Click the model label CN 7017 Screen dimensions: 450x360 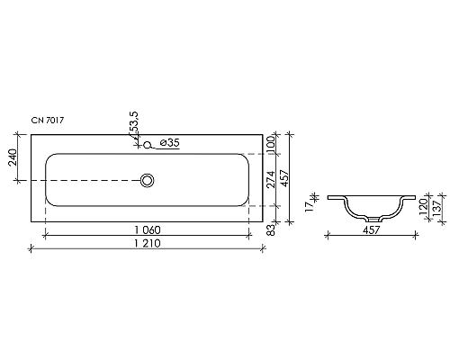click(x=48, y=121)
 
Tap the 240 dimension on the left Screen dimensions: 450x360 click(x=13, y=157)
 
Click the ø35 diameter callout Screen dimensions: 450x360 click(x=169, y=143)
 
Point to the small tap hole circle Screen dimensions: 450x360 click(x=147, y=145)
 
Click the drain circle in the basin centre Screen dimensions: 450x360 click(x=148, y=181)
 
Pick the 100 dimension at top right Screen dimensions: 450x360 click(x=271, y=144)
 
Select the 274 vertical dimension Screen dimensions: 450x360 click(x=271, y=179)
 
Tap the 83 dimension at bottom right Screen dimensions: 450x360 click(x=271, y=229)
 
